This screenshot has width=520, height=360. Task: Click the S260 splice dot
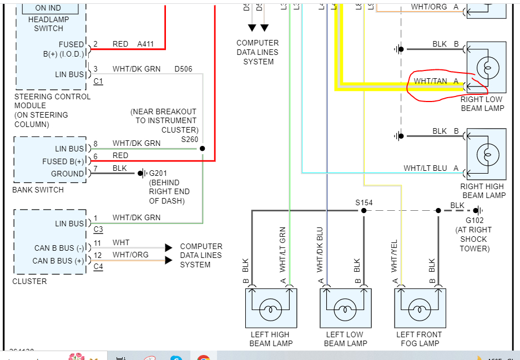202,149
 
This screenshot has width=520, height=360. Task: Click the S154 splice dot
364,211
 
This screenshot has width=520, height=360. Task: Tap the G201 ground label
158,173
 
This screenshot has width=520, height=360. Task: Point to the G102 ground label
474,220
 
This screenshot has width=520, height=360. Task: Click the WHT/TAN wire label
430,81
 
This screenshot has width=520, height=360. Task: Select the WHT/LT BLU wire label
425,168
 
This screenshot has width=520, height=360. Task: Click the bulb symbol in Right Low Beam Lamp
487,69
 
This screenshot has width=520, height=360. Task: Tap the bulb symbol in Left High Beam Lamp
271,309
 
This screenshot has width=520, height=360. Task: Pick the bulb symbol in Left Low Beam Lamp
345,309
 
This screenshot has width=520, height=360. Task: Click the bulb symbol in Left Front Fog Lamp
420,309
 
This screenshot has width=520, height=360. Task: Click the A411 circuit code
147,44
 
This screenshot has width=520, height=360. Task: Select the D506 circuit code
183,69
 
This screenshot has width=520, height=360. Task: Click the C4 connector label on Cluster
98,267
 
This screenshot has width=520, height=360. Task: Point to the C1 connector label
98,81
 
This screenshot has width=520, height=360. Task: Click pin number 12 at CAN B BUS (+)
98,255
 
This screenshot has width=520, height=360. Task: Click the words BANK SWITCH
38,190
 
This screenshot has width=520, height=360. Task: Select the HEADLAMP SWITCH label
49,24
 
